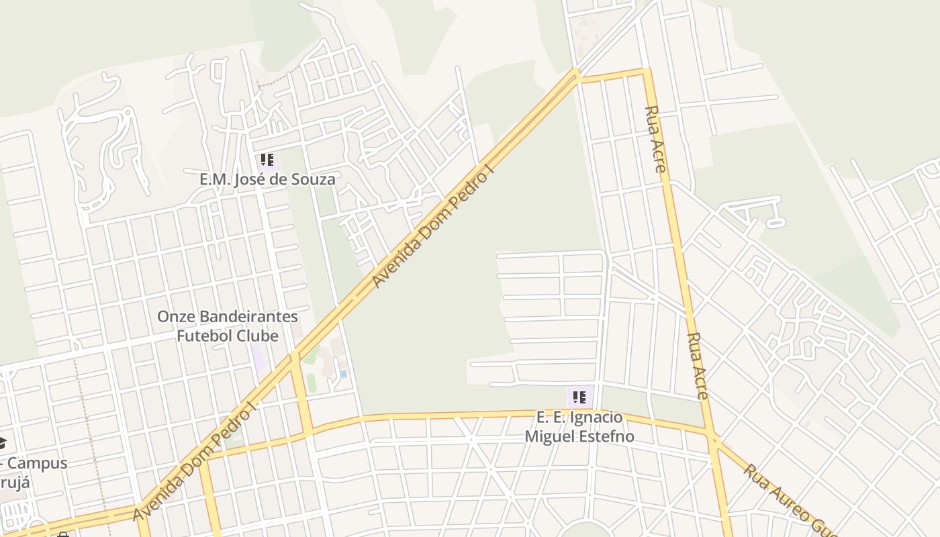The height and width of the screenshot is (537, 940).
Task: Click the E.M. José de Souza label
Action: pos(267,180)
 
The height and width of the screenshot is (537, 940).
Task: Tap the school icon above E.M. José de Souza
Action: pos(267,160)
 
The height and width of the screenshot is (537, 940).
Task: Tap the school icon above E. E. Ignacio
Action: pos(580,397)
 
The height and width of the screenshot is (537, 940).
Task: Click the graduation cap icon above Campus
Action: pos(2,442)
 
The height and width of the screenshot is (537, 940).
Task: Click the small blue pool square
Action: pos(344,373)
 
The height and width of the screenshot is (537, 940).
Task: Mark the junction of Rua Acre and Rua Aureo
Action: pos(714,437)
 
